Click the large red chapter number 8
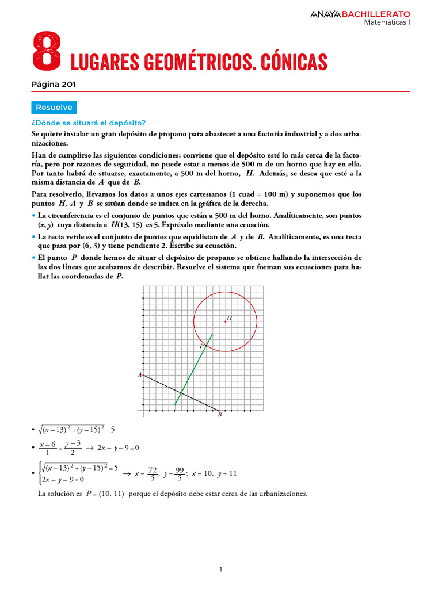[47, 50]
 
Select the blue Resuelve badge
[54, 108]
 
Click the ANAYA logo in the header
[325, 13]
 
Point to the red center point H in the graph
[225, 322]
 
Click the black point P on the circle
[206, 345]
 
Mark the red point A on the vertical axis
[143, 375]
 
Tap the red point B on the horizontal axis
[219, 412]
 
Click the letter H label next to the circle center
[229, 318]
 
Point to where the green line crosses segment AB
[181, 393]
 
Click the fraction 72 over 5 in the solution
[153, 474]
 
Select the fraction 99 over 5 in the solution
[180, 474]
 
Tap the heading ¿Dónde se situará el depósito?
[88, 123]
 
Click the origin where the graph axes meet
[143, 412]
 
